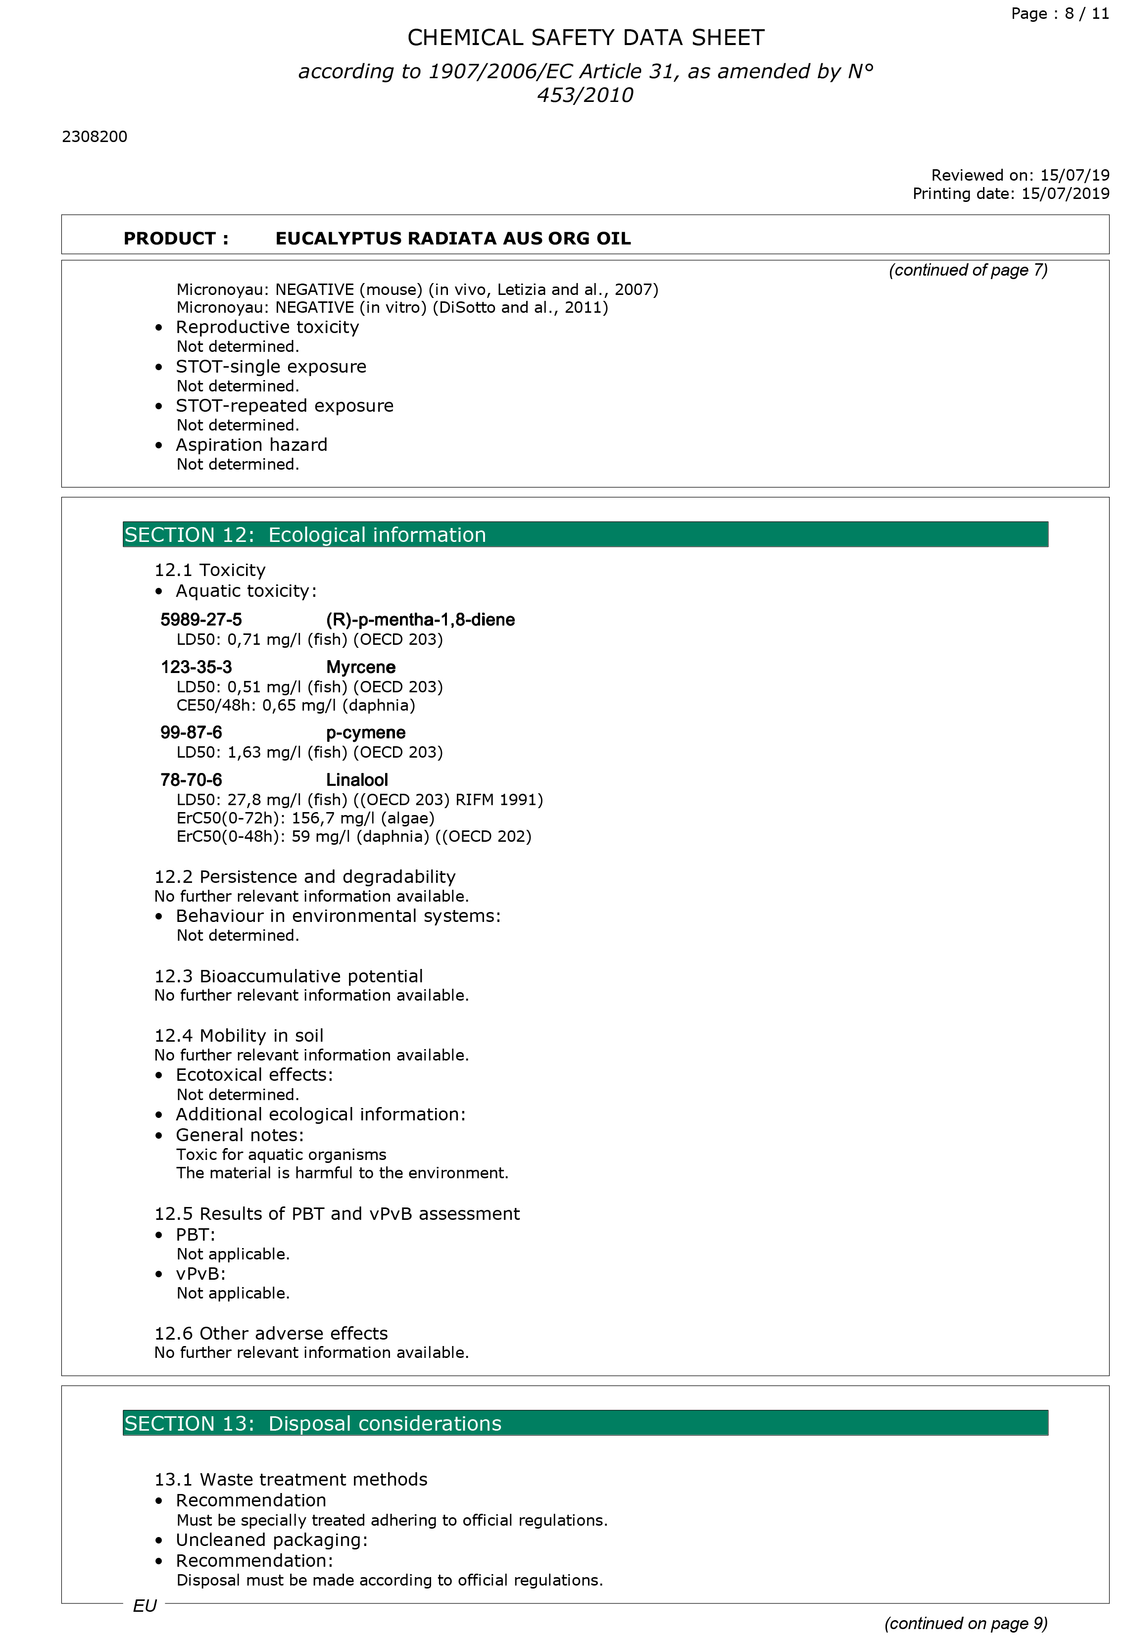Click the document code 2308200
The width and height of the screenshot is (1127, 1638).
(95, 137)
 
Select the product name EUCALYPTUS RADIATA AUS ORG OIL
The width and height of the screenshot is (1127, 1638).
(453, 239)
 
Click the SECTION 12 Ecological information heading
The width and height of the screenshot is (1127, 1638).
(305, 534)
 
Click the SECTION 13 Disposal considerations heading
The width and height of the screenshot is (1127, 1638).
(313, 1423)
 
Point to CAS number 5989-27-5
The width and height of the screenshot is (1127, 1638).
(200, 620)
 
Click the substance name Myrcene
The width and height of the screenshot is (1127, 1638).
(360, 667)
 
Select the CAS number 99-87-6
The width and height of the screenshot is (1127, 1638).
(191, 733)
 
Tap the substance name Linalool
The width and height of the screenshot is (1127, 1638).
(356, 780)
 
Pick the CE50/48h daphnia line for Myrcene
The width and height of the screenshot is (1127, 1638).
(295, 705)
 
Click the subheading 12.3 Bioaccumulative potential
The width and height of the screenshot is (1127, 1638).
(288, 976)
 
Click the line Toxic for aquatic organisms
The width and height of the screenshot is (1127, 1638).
(281, 1155)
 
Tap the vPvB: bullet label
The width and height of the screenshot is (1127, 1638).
(200, 1274)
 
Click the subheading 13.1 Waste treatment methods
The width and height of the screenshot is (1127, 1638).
(290, 1479)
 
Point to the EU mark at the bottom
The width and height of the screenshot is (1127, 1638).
(145, 1606)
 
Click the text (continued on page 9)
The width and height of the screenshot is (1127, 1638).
(965, 1623)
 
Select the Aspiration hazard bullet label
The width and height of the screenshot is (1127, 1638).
(251, 445)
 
